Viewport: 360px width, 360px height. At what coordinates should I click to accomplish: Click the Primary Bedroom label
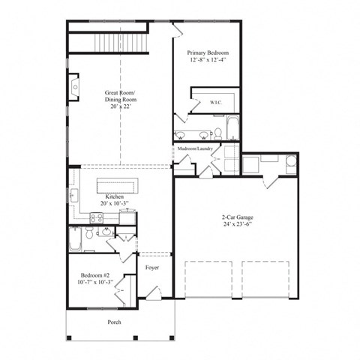pyautogui.click(x=208, y=53)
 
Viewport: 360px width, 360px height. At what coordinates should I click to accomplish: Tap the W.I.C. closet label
pyautogui.click(x=214, y=102)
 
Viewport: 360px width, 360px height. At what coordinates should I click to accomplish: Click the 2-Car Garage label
pyautogui.click(x=236, y=217)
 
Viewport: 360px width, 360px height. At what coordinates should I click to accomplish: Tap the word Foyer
pyautogui.click(x=151, y=267)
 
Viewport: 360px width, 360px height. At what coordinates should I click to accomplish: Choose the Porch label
pyautogui.click(x=114, y=322)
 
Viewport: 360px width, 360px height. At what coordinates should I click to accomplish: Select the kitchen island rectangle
pyautogui.click(x=118, y=187)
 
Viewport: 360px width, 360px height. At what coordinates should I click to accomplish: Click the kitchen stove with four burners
pyautogui.click(x=97, y=218)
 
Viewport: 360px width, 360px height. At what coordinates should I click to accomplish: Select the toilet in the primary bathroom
pyautogui.click(x=217, y=134)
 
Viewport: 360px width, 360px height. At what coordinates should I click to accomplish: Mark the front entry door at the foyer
pyautogui.click(x=153, y=295)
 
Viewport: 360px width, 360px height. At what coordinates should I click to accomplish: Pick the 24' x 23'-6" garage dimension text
pyautogui.click(x=236, y=225)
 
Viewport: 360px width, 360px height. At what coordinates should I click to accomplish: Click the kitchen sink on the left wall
pyautogui.click(x=74, y=196)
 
